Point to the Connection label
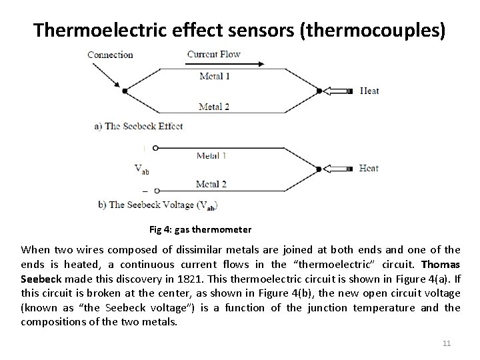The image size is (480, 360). point(110,55)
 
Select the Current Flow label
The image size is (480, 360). point(213,54)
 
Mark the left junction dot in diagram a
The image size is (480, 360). point(125,91)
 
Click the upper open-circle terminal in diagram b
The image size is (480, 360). point(155,147)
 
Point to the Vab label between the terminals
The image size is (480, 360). point(141,169)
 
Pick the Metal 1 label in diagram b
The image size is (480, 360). point(211,155)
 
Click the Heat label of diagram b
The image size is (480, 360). point(369,168)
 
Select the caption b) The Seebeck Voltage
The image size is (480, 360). point(157,205)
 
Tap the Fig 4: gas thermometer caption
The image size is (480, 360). point(200,230)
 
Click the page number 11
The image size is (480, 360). point(447,343)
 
